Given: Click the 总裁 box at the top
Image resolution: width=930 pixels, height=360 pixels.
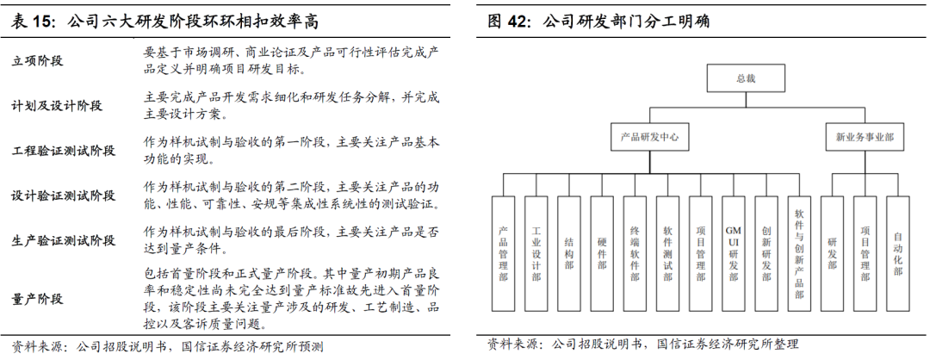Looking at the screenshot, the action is [744, 79].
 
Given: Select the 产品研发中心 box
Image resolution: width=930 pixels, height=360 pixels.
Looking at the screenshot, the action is [651, 136].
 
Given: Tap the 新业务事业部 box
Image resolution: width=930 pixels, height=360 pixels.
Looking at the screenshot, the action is [865, 136].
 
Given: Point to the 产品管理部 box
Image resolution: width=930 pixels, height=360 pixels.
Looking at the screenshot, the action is [503, 253].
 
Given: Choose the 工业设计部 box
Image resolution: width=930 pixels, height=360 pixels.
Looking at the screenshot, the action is [536, 253].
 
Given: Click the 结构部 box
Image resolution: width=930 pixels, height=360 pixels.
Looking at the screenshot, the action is [568, 253].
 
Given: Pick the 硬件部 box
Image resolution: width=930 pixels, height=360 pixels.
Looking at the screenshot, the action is [602, 253].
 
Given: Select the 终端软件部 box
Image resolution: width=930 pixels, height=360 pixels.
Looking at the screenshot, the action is [635, 253].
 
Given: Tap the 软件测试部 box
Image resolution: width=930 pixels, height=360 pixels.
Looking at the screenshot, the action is [667, 253].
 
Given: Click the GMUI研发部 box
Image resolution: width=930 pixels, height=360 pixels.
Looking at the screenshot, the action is [734, 253].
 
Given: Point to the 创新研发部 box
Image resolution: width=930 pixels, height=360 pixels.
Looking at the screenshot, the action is [766, 253].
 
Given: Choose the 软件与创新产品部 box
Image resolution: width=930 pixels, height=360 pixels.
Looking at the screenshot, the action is [799, 253].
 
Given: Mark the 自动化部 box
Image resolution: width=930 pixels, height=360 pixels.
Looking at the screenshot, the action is [898, 253].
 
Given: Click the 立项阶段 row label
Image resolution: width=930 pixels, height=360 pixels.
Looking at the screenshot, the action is [38, 62].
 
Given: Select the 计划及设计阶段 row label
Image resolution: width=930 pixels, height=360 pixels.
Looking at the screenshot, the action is [57, 106].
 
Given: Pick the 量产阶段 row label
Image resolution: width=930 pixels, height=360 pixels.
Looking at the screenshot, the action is [38, 299].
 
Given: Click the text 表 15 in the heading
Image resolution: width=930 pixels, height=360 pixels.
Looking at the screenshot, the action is [29, 18].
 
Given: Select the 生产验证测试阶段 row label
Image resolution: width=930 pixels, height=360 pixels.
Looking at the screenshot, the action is [63, 240].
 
